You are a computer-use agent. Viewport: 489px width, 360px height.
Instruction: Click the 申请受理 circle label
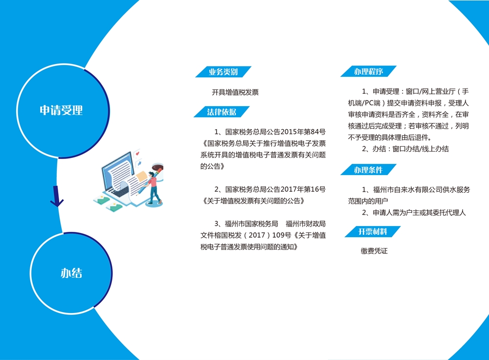(x=61, y=110)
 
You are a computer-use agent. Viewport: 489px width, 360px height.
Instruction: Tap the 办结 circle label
(x=71, y=273)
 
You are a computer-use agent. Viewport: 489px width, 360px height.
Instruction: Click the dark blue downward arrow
(x=57, y=197)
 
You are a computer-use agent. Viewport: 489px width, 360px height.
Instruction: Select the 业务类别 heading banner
(x=223, y=72)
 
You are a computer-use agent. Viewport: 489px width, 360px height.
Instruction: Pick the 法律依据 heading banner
(x=222, y=112)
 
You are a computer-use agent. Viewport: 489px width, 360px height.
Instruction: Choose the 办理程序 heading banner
(x=368, y=71)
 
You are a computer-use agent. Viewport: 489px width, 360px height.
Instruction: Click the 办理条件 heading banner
(x=368, y=170)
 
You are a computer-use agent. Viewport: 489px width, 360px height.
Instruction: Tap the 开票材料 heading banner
(x=373, y=231)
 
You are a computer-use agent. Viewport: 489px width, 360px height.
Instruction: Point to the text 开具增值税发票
(x=235, y=92)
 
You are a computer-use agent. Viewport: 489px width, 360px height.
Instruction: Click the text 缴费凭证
(x=374, y=251)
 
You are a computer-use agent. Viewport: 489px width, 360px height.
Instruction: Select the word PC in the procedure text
(x=365, y=103)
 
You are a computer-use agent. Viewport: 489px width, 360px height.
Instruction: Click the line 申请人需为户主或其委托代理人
(x=414, y=213)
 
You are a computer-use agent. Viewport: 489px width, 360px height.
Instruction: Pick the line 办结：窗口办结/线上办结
(x=405, y=149)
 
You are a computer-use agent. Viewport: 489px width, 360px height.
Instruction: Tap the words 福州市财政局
(x=306, y=224)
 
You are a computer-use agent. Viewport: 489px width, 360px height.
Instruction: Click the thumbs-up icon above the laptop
(x=139, y=163)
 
